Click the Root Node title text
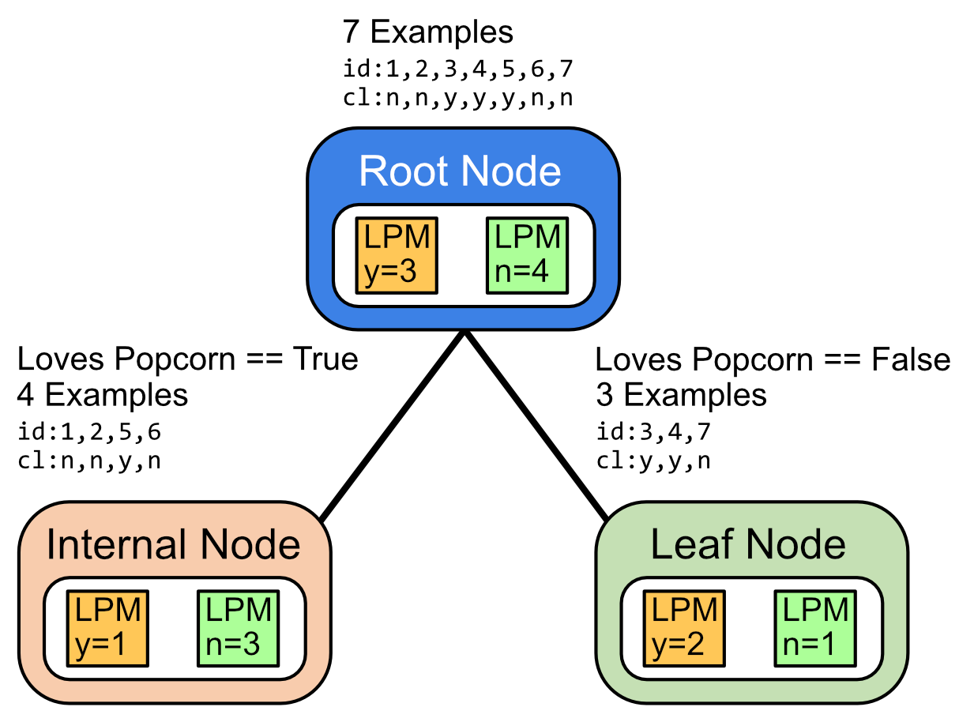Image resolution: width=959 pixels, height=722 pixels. click(460, 171)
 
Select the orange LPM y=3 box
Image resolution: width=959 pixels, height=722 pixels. click(397, 255)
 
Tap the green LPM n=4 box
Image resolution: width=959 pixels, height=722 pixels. click(527, 255)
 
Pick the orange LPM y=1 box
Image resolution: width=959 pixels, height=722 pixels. click(107, 629)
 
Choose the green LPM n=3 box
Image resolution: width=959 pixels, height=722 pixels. click(238, 629)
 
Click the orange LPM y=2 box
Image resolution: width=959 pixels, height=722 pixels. click(684, 629)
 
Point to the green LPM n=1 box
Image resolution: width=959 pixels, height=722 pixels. click(814, 629)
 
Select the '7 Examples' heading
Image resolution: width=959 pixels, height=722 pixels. click(427, 32)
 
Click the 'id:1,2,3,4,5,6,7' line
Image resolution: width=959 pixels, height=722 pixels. click(457, 69)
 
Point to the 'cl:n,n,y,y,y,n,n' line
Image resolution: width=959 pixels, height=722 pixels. click(457, 98)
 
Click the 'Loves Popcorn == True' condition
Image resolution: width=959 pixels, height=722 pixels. click(187, 359)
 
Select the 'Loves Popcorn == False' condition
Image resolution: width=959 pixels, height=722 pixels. click(773, 359)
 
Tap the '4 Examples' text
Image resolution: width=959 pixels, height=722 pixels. click(103, 395)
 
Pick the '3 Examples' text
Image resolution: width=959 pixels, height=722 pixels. click(681, 395)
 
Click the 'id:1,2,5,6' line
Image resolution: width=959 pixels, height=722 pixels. click(89, 431)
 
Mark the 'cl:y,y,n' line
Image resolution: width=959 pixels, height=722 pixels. click(653, 461)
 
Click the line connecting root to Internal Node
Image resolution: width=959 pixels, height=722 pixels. click(393, 426)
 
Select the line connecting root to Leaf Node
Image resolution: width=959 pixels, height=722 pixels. click(536, 426)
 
